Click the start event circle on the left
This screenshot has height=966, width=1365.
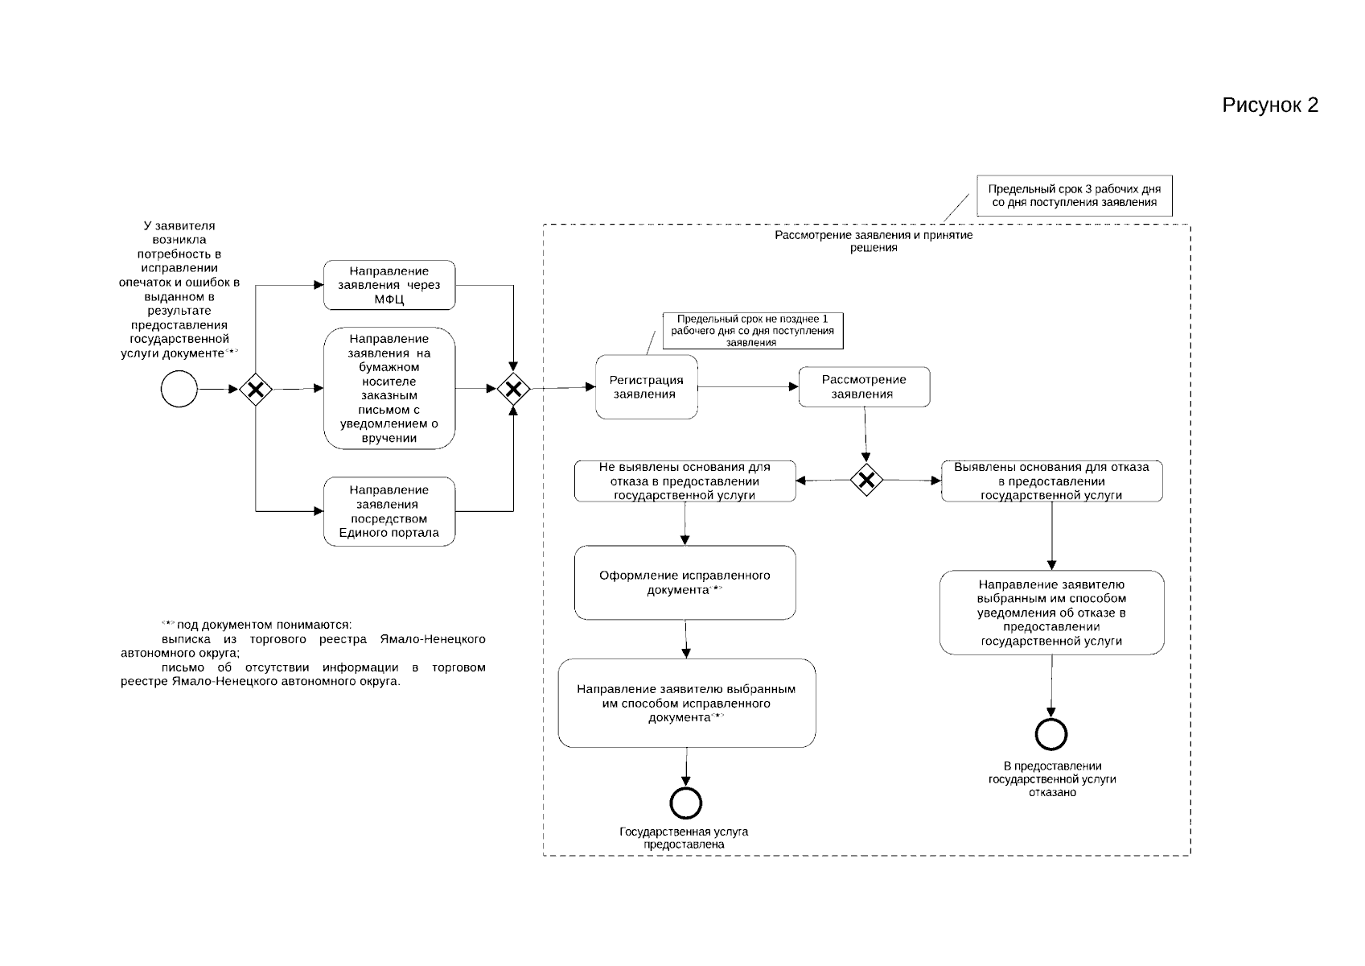point(179,390)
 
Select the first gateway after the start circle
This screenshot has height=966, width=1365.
point(256,390)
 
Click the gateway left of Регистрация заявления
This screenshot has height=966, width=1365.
point(513,390)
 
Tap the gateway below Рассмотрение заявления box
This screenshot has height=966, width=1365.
point(866,481)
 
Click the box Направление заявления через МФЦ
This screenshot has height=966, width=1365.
point(389,285)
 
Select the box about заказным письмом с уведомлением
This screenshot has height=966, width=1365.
point(389,388)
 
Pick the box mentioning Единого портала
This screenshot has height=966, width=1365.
point(389,511)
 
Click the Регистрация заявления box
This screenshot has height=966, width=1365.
point(647,387)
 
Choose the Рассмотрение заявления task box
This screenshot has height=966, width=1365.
point(864,387)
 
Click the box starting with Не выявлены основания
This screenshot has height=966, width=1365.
point(685,481)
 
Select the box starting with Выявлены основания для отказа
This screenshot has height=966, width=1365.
point(1051,481)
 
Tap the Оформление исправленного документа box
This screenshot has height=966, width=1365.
point(685,583)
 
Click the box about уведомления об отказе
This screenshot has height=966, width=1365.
point(1051,613)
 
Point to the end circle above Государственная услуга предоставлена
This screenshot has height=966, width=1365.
point(685,803)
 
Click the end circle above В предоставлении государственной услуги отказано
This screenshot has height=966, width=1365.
point(1051,734)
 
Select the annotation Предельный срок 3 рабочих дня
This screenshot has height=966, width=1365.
point(1074,196)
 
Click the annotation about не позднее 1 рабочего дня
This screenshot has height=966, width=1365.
point(752,331)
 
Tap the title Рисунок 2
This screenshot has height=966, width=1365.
point(1269,105)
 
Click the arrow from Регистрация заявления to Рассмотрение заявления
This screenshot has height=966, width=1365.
point(748,387)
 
